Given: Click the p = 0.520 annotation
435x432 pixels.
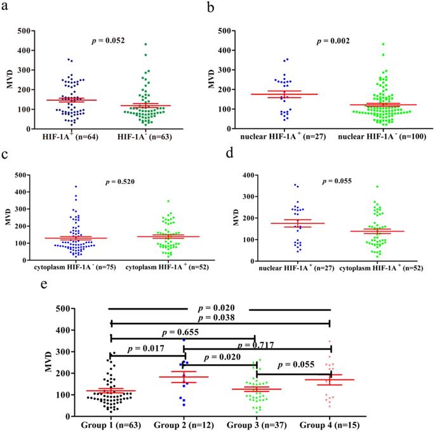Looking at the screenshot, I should tap(120, 183).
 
